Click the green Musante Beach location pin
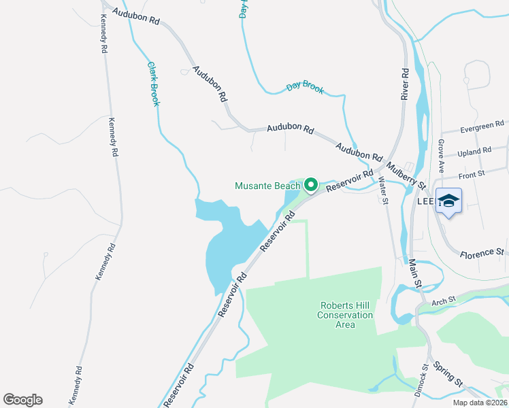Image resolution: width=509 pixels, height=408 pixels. [x=311, y=184]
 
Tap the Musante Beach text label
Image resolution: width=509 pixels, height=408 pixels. [x=267, y=186]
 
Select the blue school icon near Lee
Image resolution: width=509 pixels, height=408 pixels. [x=449, y=201]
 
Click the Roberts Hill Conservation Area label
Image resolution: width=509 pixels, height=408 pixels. [x=346, y=315]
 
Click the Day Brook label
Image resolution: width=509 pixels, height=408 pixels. [x=305, y=87]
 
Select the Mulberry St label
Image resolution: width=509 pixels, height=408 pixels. [x=405, y=175]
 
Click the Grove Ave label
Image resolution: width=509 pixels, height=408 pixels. [x=441, y=154]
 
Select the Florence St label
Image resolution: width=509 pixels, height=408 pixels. [x=482, y=253]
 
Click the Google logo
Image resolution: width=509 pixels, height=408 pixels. [x=22, y=400]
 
